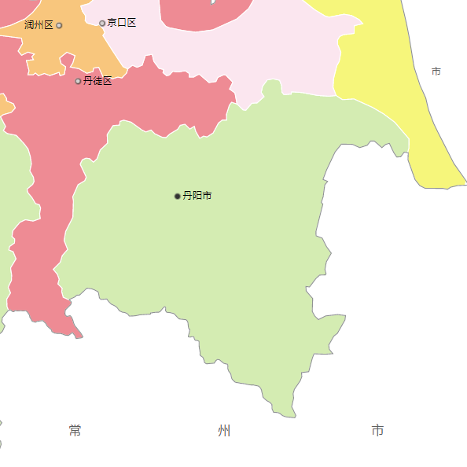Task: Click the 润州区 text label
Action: coord(39,25)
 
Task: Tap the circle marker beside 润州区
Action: coord(59,25)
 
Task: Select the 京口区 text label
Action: coord(122,23)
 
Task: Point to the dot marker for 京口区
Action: coord(102,23)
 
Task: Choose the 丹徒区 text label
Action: coord(97,81)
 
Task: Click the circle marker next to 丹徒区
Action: coord(78,81)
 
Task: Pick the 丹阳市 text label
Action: coord(197,196)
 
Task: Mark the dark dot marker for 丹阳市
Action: coord(178,196)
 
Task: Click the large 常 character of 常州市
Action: coord(75,430)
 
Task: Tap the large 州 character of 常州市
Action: coord(225,430)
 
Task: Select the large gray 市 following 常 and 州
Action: coord(377,430)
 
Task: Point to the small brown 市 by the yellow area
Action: coord(436,72)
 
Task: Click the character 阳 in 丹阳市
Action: coord(197,196)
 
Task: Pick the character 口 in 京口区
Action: coord(122,23)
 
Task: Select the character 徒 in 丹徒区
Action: coord(97,81)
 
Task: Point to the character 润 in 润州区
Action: coord(29,25)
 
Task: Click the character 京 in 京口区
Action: coord(112,23)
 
